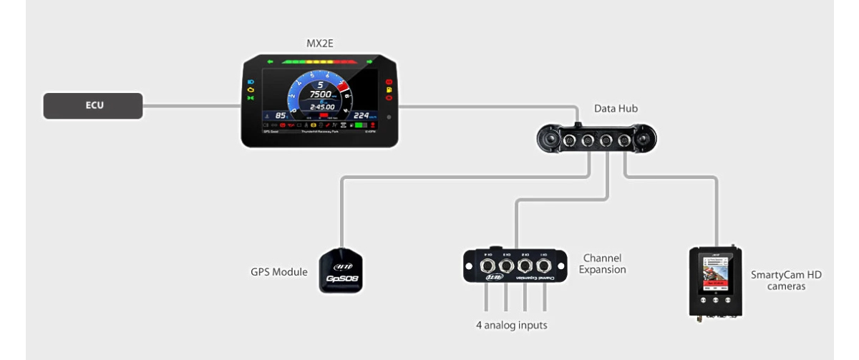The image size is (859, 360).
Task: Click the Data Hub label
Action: tap(616, 109)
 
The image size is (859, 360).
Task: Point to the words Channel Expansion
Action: tap(604, 263)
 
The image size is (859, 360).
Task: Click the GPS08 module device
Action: tap(341, 272)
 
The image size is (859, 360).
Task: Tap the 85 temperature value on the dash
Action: tap(281, 115)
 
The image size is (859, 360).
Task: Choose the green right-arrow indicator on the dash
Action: tap(370, 62)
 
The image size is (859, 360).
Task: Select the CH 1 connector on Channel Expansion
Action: tap(546, 266)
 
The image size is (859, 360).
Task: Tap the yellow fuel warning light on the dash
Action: tap(388, 89)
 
